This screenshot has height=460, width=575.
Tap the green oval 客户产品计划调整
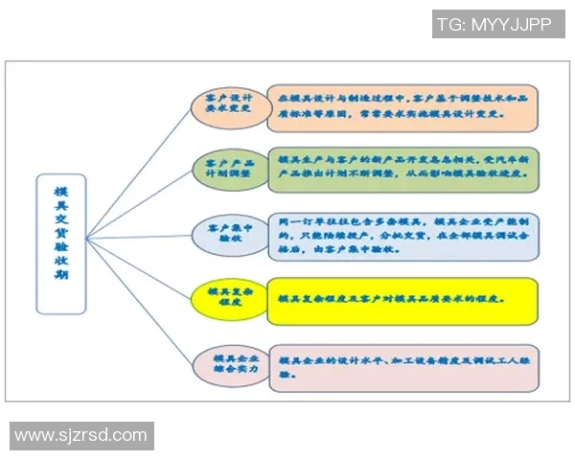point(227,170)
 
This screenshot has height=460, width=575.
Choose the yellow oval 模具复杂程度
point(228,296)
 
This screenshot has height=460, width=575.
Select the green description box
point(402,170)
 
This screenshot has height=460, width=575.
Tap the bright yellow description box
point(402,297)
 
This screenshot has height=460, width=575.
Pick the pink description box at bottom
point(402,365)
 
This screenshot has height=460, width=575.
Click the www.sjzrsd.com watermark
point(80,436)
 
